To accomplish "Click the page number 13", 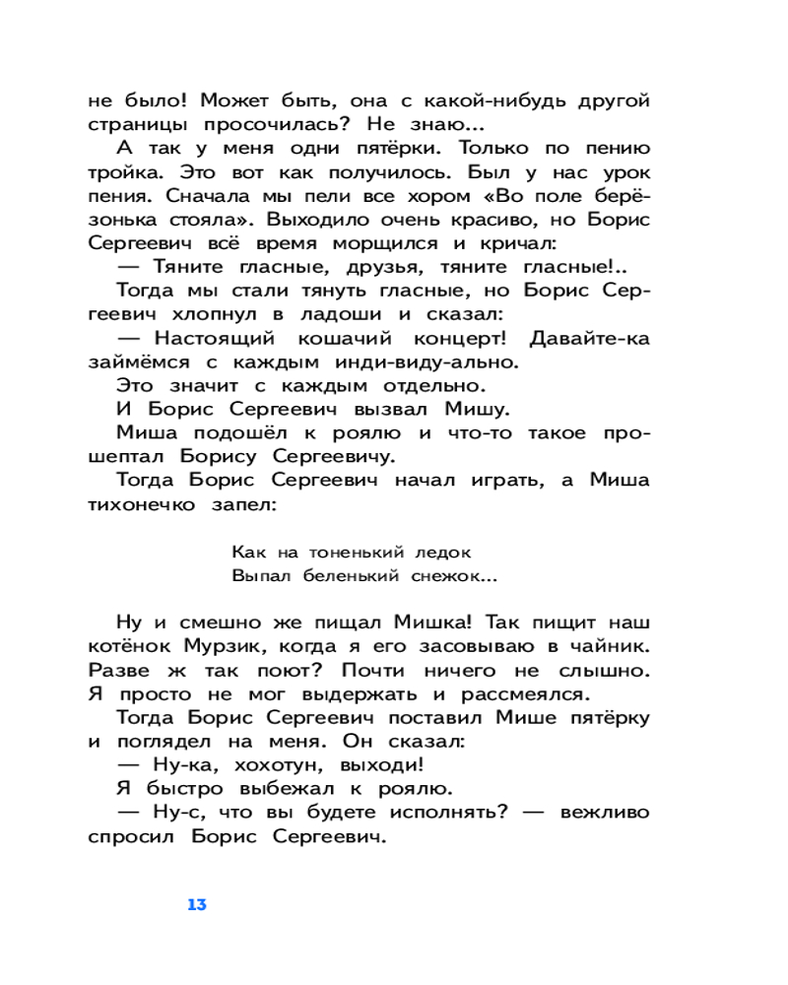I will [x=196, y=904].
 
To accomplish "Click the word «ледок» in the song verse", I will [x=430, y=552].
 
